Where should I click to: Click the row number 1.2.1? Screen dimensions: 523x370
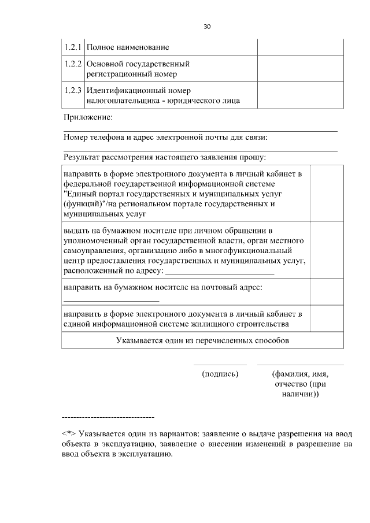[x=73, y=46]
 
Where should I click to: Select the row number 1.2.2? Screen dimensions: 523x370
[x=73, y=64]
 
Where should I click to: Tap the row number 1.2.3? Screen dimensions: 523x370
[x=73, y=91]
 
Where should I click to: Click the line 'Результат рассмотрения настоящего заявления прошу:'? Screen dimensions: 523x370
[x=165, y=157]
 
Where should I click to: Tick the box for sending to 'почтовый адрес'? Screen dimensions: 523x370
[x=327, y=292]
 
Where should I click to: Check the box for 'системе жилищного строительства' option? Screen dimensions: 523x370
[x=327, y=319]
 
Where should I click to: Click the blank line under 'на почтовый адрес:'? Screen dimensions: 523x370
[x=111, y=301]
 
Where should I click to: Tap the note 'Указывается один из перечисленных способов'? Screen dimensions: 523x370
[x=202, y=340]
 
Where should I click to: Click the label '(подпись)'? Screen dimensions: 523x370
[x=220, y=374]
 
